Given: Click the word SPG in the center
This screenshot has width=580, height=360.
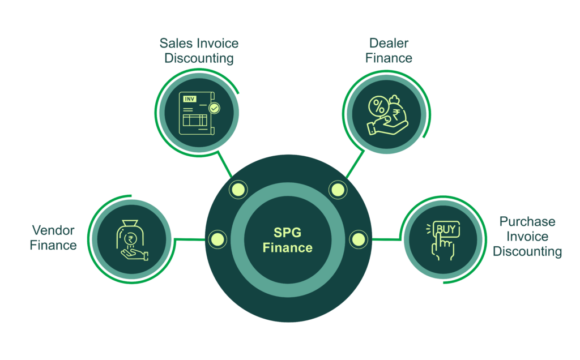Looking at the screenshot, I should [x=287, y=233].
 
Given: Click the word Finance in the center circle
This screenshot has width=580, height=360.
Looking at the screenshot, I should [x=287, y=247].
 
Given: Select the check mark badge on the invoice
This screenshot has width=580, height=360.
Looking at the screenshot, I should [x=214, y=107].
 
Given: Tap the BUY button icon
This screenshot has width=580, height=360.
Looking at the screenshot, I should [x=446, y=229].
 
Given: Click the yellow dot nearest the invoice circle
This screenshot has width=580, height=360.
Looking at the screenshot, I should [x=238, y=189].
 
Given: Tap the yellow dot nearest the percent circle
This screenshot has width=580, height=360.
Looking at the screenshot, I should [x=337, y=189].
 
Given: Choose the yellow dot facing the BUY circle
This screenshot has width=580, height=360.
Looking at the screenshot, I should [x=359, y=239].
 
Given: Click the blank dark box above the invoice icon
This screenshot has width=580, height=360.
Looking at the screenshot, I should [x=199, y=52].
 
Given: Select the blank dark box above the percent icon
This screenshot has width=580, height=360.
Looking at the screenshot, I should [x=387, y=52].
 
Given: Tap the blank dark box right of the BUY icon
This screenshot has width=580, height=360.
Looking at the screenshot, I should [x=526, y=238].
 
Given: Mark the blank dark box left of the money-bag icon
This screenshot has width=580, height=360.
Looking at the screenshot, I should [x=55, y=238].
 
